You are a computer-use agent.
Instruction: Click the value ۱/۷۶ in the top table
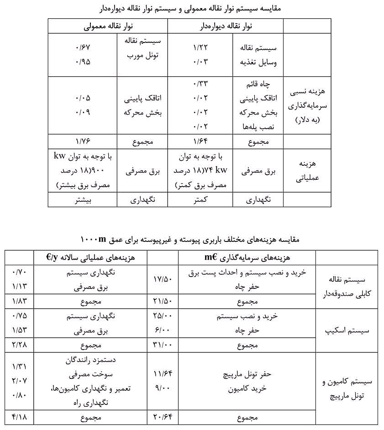(x=83, y=142)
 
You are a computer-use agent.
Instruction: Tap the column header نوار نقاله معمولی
(x=107, y=26)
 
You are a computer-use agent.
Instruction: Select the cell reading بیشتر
(x=83, y=199)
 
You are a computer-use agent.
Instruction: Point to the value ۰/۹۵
(x=83, y=62)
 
